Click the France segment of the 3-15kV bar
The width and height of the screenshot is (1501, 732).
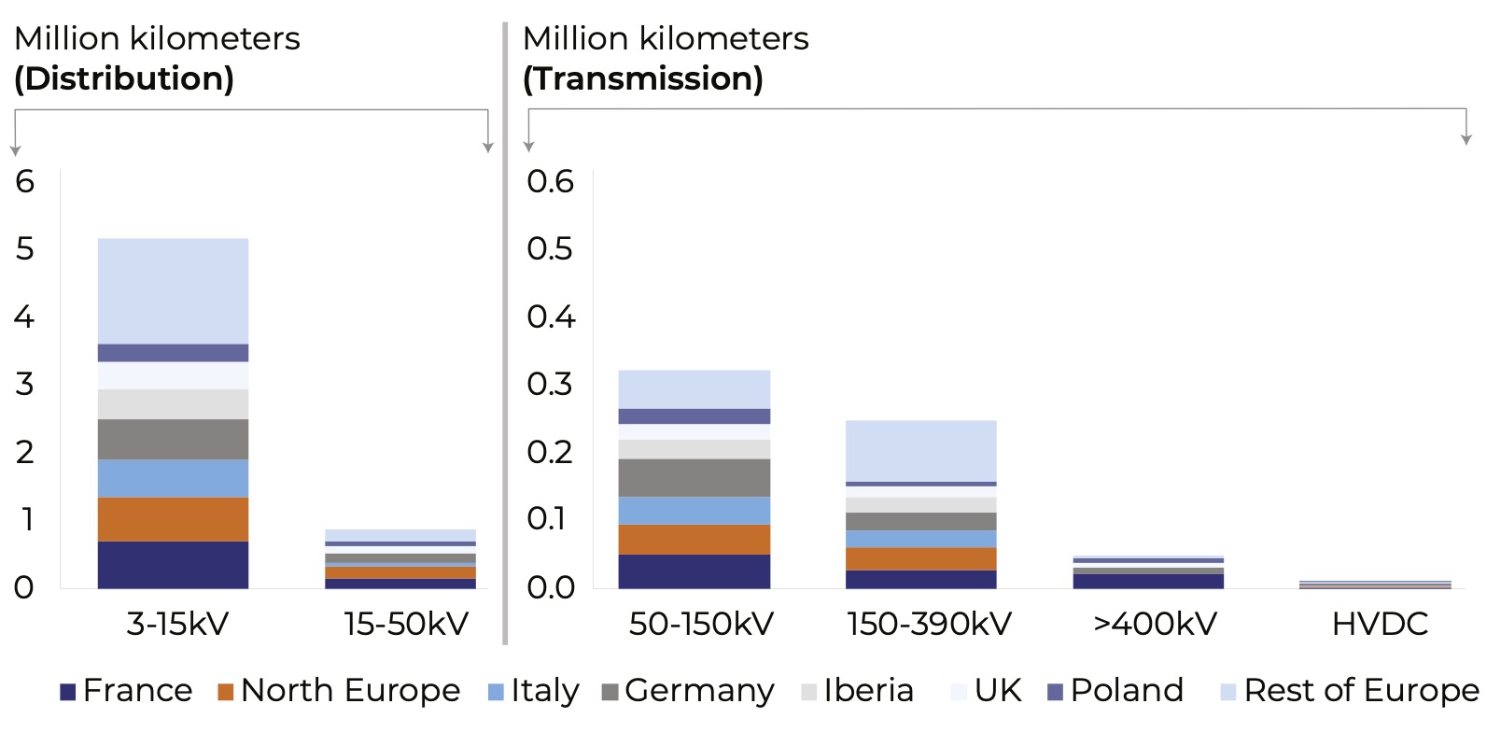point(173,564)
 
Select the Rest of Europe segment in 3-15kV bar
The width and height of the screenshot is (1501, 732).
point(173,290)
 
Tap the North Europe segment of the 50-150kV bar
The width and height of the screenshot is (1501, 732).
point(694,539)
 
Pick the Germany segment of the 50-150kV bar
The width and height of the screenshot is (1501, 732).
point(694,477)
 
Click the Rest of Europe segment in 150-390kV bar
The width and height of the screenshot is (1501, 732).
point(920,450)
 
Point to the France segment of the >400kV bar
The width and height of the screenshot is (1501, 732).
point(1148,581)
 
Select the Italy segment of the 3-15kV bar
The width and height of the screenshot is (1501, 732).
point(173,478)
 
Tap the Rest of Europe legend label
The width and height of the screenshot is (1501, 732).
point(1350,691)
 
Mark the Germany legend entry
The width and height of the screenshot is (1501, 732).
point(688,691)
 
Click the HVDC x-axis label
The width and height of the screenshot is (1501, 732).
point(1380,624)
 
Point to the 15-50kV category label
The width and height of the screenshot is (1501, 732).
point(406,624)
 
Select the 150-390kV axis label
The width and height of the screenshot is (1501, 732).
point(929,624)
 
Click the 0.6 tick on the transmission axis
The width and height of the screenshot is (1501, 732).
point(550,181)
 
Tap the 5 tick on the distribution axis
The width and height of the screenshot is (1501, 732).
point(24,248)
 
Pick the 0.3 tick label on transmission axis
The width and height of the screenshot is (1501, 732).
point(550,384)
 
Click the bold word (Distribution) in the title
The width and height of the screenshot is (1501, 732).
point(124,78)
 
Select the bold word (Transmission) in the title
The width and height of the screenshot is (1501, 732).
point(642,78)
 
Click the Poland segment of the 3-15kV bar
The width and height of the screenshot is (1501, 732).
point(173,352)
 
